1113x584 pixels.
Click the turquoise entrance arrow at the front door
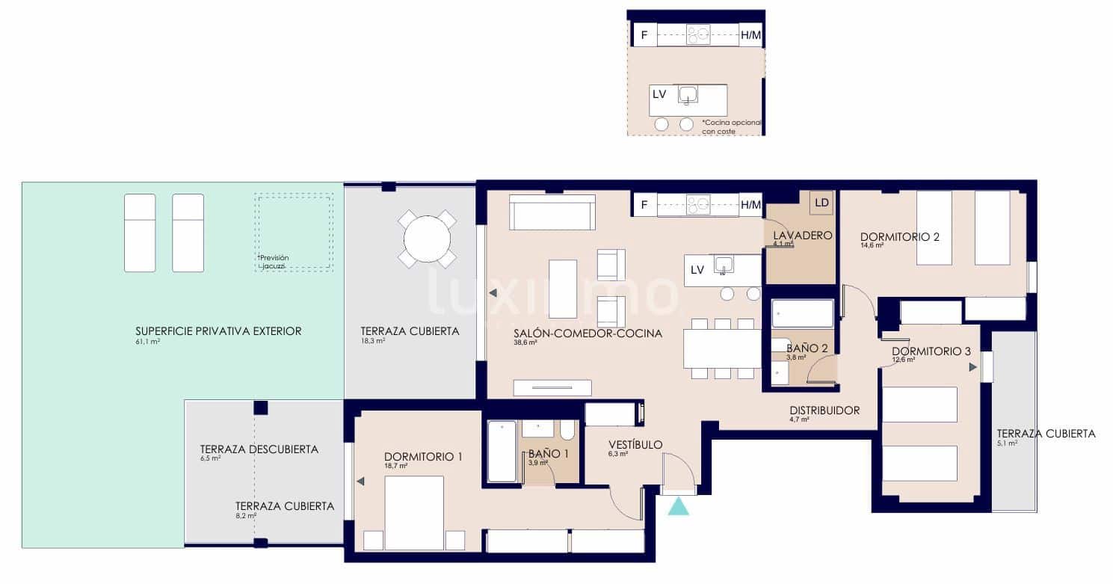coord(679,506)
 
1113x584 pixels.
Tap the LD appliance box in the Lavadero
coord(821,203)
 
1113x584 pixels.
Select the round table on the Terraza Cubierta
coord(427,239)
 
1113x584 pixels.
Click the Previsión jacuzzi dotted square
coord(294,232)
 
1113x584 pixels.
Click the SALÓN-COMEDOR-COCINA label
coord(588,334)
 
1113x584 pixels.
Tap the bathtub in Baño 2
coord(803,313)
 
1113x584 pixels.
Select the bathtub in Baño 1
coord(501,452)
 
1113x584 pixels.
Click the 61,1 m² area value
coord(148,342)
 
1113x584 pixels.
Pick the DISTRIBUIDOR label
coord(824,411)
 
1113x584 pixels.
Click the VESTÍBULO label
coord(635,445)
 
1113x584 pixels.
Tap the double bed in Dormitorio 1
coord(414,513)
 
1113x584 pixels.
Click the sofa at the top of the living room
coord(552,212)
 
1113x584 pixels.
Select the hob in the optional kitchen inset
coord(699,34)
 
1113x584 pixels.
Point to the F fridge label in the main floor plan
coord(644,204)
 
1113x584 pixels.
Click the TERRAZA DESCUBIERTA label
coord(259,449)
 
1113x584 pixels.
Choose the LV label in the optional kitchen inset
coord(659,94)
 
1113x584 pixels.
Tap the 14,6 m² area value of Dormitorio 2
coord(872,245)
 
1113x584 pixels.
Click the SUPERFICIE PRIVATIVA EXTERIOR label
coord(218,331)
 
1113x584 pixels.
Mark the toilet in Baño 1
coord(567,430)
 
